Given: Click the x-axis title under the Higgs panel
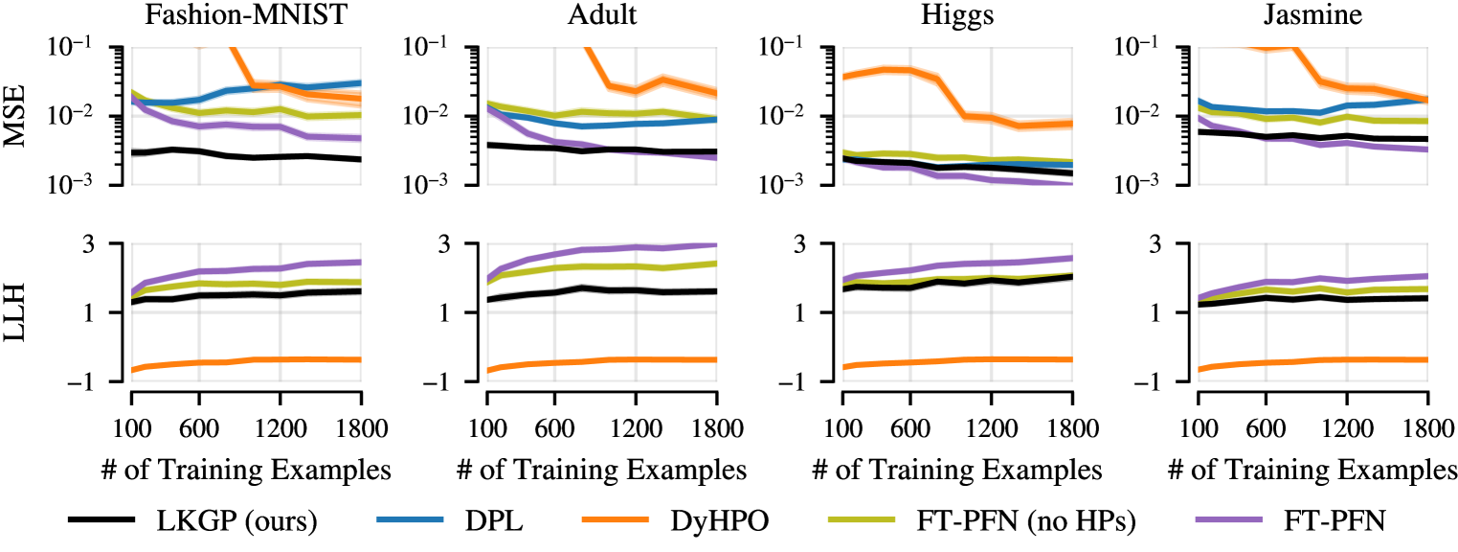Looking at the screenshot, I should point(957,470).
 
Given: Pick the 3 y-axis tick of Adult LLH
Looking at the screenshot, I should point(463,244).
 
